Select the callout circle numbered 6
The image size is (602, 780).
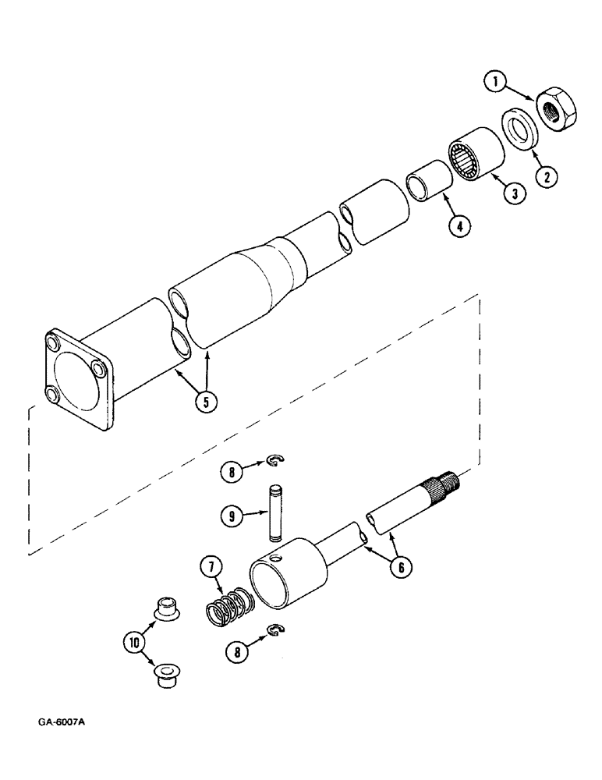[399, 567]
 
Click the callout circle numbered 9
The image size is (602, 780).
[230, 515]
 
